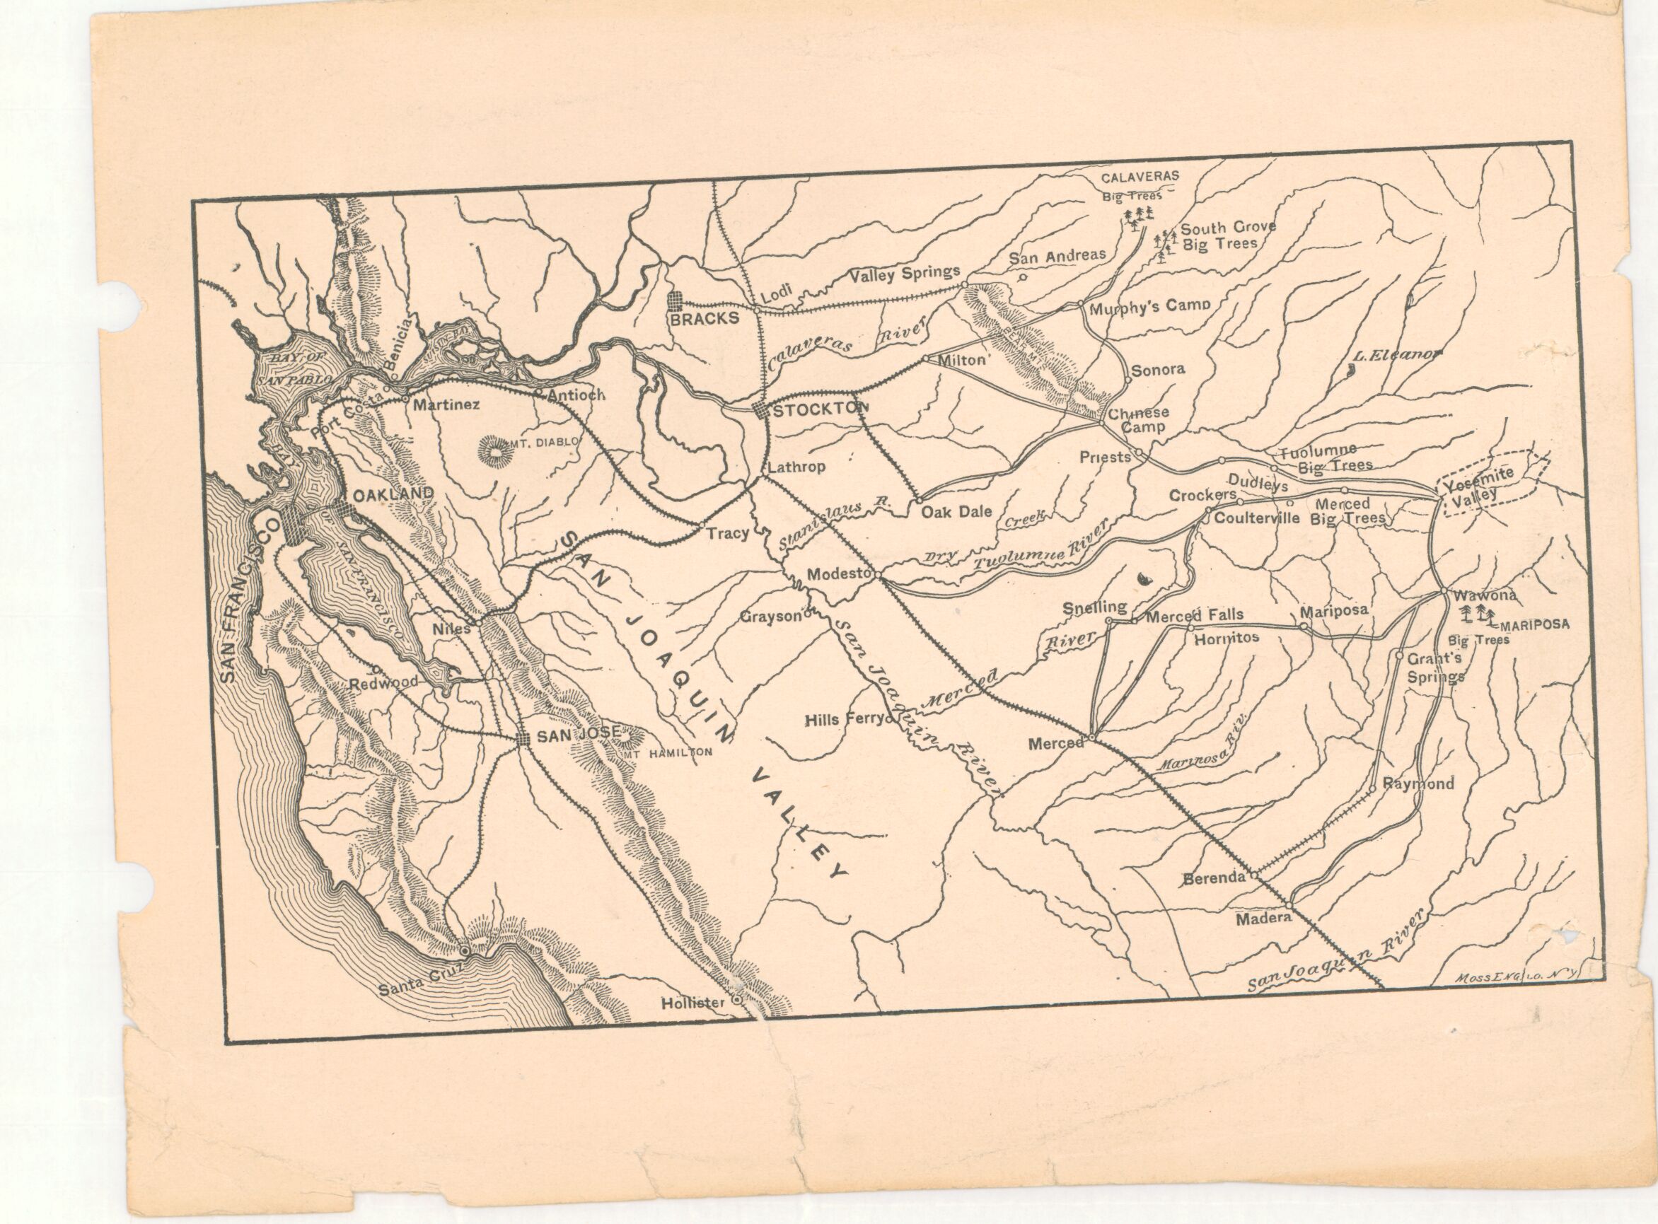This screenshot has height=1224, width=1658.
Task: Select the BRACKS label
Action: (x=704, y=319)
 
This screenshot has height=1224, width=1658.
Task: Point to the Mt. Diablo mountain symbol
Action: (x=492, y=449)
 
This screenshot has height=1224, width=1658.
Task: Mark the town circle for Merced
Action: (x=1091, y=738)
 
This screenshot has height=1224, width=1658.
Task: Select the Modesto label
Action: (x=837, y=574)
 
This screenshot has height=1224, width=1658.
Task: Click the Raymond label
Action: (x=1418, y=784)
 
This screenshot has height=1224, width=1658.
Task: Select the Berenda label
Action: (x=1214, y=879)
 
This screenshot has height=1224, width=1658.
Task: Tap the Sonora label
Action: (x=1159, y=369)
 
